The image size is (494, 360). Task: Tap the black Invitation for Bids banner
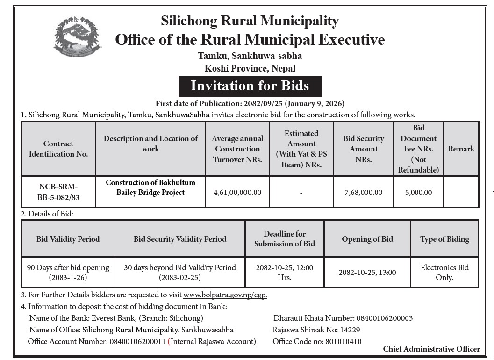coord(250,86)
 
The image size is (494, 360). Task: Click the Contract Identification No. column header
coord(58,149)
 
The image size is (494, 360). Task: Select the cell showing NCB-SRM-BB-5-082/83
coord(58,192)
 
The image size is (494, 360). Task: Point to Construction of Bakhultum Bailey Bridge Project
coord(150,187)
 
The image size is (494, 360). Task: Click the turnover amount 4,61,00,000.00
coord(237,192)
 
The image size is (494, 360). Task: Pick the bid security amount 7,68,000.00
coord(363,192)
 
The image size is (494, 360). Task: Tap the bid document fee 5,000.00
coord(418,192)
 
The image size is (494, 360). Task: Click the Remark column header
coord(461,149)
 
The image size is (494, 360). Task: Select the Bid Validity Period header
coord(68,239)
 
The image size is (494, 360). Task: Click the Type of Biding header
coord(444,239)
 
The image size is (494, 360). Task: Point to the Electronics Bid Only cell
coord(444,272)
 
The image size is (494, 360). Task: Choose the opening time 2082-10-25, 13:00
coord(367,272)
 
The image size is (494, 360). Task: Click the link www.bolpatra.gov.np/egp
coord(225,295)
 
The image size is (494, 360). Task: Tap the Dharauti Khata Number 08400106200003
coord(384,318)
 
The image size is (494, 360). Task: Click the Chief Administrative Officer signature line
coord(431,349)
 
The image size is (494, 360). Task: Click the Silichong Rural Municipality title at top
coord(250,21)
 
